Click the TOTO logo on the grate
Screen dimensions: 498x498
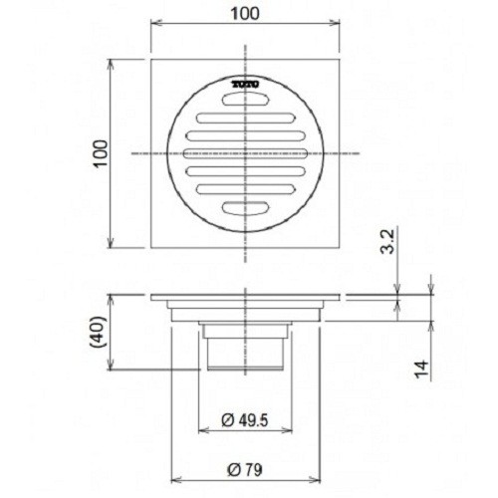click(246, 86)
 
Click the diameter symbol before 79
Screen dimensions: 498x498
click(231, 468)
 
